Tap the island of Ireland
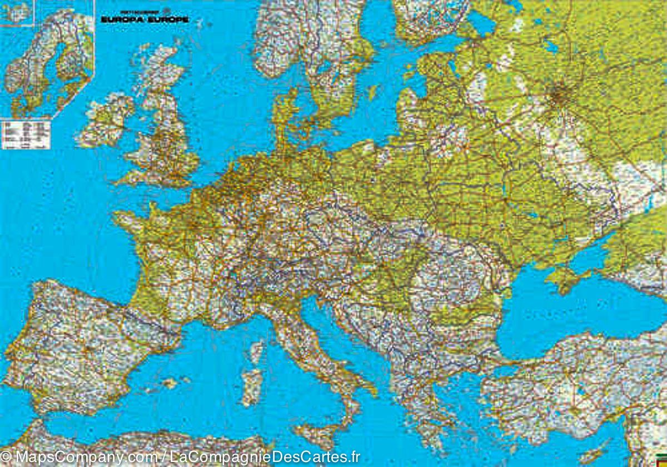[x=106, y=120]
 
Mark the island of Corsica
[x=256, y=351]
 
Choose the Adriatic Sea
[x=333, y=334]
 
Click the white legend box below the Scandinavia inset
[x=26, y=135]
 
